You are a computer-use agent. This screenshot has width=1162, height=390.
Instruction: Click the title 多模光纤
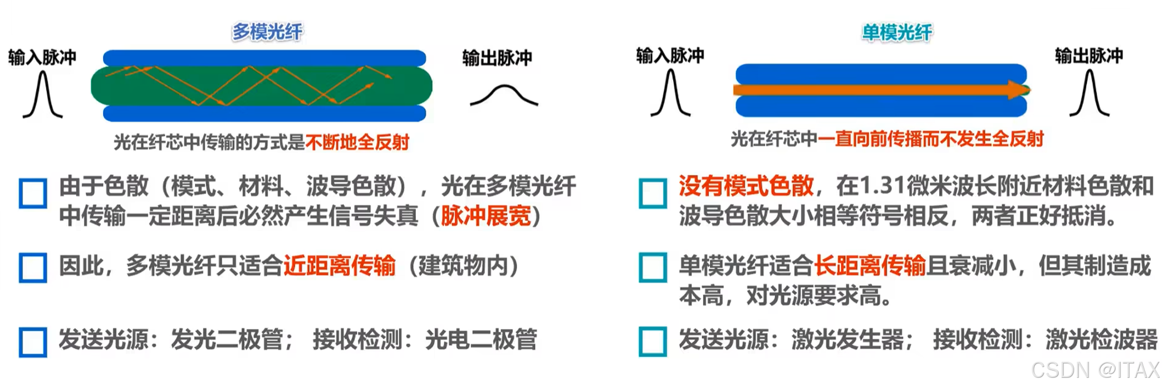coord(267,32)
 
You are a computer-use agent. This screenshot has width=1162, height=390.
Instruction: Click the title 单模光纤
coord(897,33)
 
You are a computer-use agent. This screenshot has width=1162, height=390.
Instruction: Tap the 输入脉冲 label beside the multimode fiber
coord(42,57)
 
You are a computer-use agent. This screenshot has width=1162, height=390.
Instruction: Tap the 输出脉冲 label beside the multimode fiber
coord(497,58)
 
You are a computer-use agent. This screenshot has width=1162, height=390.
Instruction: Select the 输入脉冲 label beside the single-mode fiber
coord(670,55)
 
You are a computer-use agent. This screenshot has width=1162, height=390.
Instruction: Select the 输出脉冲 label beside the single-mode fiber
coord(1088,55)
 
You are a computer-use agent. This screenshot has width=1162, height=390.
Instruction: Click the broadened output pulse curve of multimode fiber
coord(503,95)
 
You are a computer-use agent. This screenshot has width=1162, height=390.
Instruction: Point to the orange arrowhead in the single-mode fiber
coord(1018,90)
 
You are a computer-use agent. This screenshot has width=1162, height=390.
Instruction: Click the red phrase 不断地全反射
coord(357,143)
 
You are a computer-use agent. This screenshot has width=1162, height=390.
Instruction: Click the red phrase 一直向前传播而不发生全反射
coord(930,139)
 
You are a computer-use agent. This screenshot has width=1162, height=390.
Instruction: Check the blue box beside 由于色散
coord(33,193)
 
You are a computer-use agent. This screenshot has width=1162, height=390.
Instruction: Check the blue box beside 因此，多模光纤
coord(33,268)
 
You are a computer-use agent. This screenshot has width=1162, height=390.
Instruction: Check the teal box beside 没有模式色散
coord(653,193)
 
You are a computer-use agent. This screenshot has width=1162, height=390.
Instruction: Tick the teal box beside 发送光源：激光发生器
coord(653,341)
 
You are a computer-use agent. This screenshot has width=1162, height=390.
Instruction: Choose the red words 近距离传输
coord(340,266)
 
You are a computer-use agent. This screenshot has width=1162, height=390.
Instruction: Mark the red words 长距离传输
coord(869,266)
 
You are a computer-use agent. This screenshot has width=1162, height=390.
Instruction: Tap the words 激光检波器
coord(1101,340)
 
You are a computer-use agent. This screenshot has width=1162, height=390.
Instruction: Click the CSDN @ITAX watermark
coord(1095,370)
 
